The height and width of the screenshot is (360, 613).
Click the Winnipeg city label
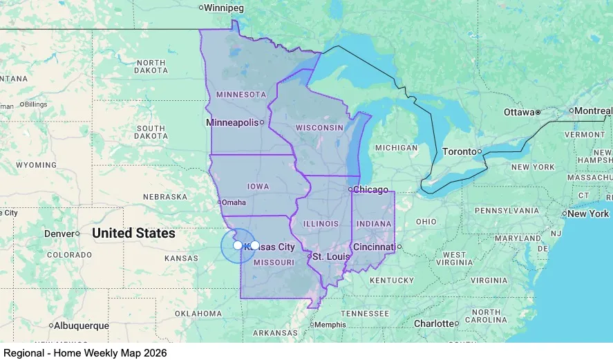click(225, 8)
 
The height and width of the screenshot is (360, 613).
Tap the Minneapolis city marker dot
click(262, 123)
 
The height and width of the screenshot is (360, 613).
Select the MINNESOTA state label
click(241, 94)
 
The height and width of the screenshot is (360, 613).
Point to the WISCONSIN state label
click(319, 128)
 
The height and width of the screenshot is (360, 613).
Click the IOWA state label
click(258, 187)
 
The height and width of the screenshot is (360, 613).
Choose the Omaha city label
click(234, 202)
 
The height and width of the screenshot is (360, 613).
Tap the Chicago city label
click(372, 189)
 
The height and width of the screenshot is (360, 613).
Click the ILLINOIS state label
click(321, 224)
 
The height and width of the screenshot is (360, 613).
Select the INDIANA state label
click(373, 224)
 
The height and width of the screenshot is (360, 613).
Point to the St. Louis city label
click(328, 256)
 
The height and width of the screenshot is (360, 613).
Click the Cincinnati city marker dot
click(399, 247)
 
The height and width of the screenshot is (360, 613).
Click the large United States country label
click(133, 234)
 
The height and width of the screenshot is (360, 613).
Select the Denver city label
click(59, 234)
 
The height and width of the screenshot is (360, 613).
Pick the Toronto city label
click(459, 151)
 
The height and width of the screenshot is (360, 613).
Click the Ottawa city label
click(518, 112)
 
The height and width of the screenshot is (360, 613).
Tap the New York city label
click(588, 214)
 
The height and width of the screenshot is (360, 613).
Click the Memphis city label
click(331, 324)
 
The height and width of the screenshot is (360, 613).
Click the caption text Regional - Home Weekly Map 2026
click(84, 352)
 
